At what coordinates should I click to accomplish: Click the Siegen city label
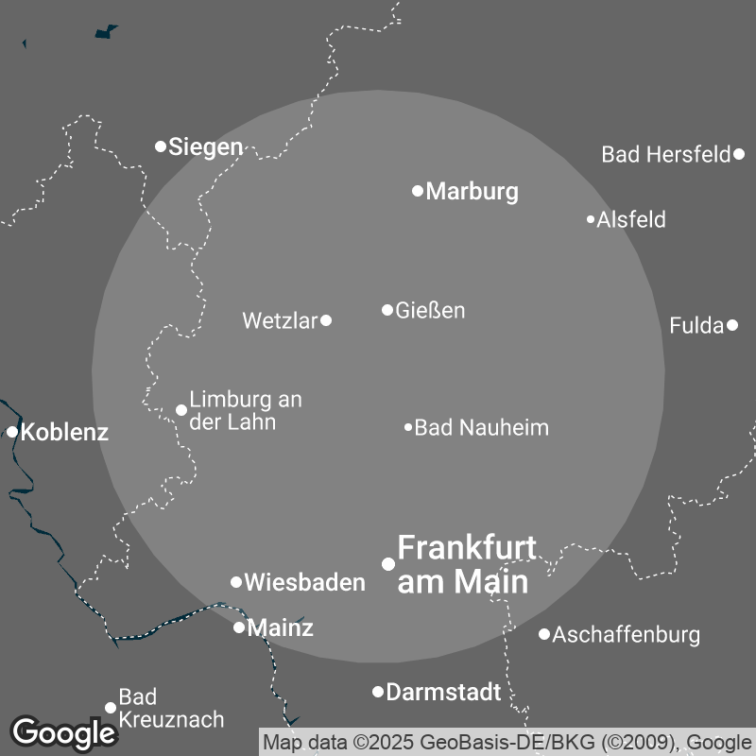pyautogui.click(x=205, y=147)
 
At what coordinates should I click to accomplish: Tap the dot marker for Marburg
pyautogui.click(x=418, y=191)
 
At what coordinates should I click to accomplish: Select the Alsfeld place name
pyautogui.click(x=631, y=220)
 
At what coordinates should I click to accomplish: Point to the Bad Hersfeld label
pyautogui.click(x=666, y=154)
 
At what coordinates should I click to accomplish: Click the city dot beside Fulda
pyautogui.click(x=732, y=326)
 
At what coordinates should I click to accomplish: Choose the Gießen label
pyautogui.click(x=430, y=310)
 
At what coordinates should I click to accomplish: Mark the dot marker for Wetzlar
pyautogui.click(x=326, y=320)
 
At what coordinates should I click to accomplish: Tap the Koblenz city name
pyautogui.click(x=64, y=433)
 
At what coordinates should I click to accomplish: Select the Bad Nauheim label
pyautogui.click(x=481, y=428)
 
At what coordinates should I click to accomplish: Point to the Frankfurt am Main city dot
pyautogui.click(x=387, y=564)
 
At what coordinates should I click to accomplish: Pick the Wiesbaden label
pyautogui.click(x=304, y=583)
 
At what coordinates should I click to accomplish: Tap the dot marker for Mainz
pyautogui.click(x=239, y=627)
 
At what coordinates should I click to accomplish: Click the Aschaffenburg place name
pyautogui.click(x=626, y=634)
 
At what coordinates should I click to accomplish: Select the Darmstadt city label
pyautogui.click(x=443, y=693)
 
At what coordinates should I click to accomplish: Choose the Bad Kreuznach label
pyautogui.click(x=170, y=709)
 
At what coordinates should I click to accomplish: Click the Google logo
pyautogui.click(x=63, y=732)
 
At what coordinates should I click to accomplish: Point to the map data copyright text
pyautogui.click(x=506, y=742)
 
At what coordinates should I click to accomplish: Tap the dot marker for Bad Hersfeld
pyautogui.click(x=739, y=153)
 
